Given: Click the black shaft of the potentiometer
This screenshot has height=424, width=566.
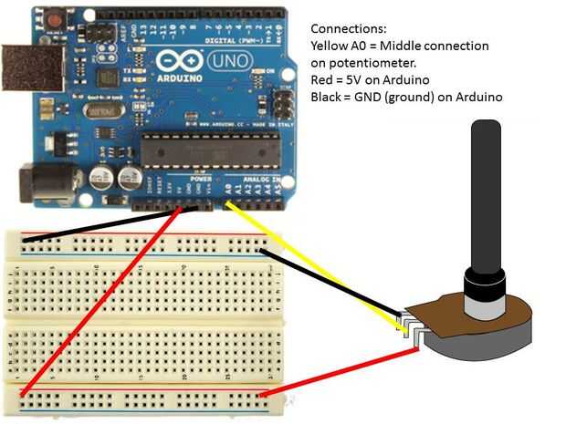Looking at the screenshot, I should pos(484,191).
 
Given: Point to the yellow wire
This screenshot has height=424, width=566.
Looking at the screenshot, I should pos(310,264).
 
